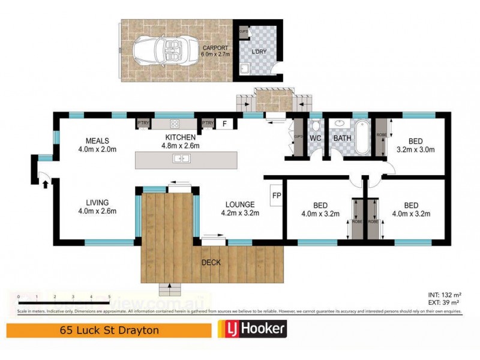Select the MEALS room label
click(97, 141)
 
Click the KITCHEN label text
click(182, 137)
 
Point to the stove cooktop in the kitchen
click(176, 124)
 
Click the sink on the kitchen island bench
click(181, 159)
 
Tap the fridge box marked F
click(224, 124)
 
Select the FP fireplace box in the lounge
click(276, 196)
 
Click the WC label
click(316, 139)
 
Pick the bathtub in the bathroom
click(362, 138)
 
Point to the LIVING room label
click(97, 202)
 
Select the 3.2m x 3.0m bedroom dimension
click(415, 149)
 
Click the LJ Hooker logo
click(251, 329)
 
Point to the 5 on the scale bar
click(109, 296)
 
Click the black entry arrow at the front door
click(46, 184)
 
